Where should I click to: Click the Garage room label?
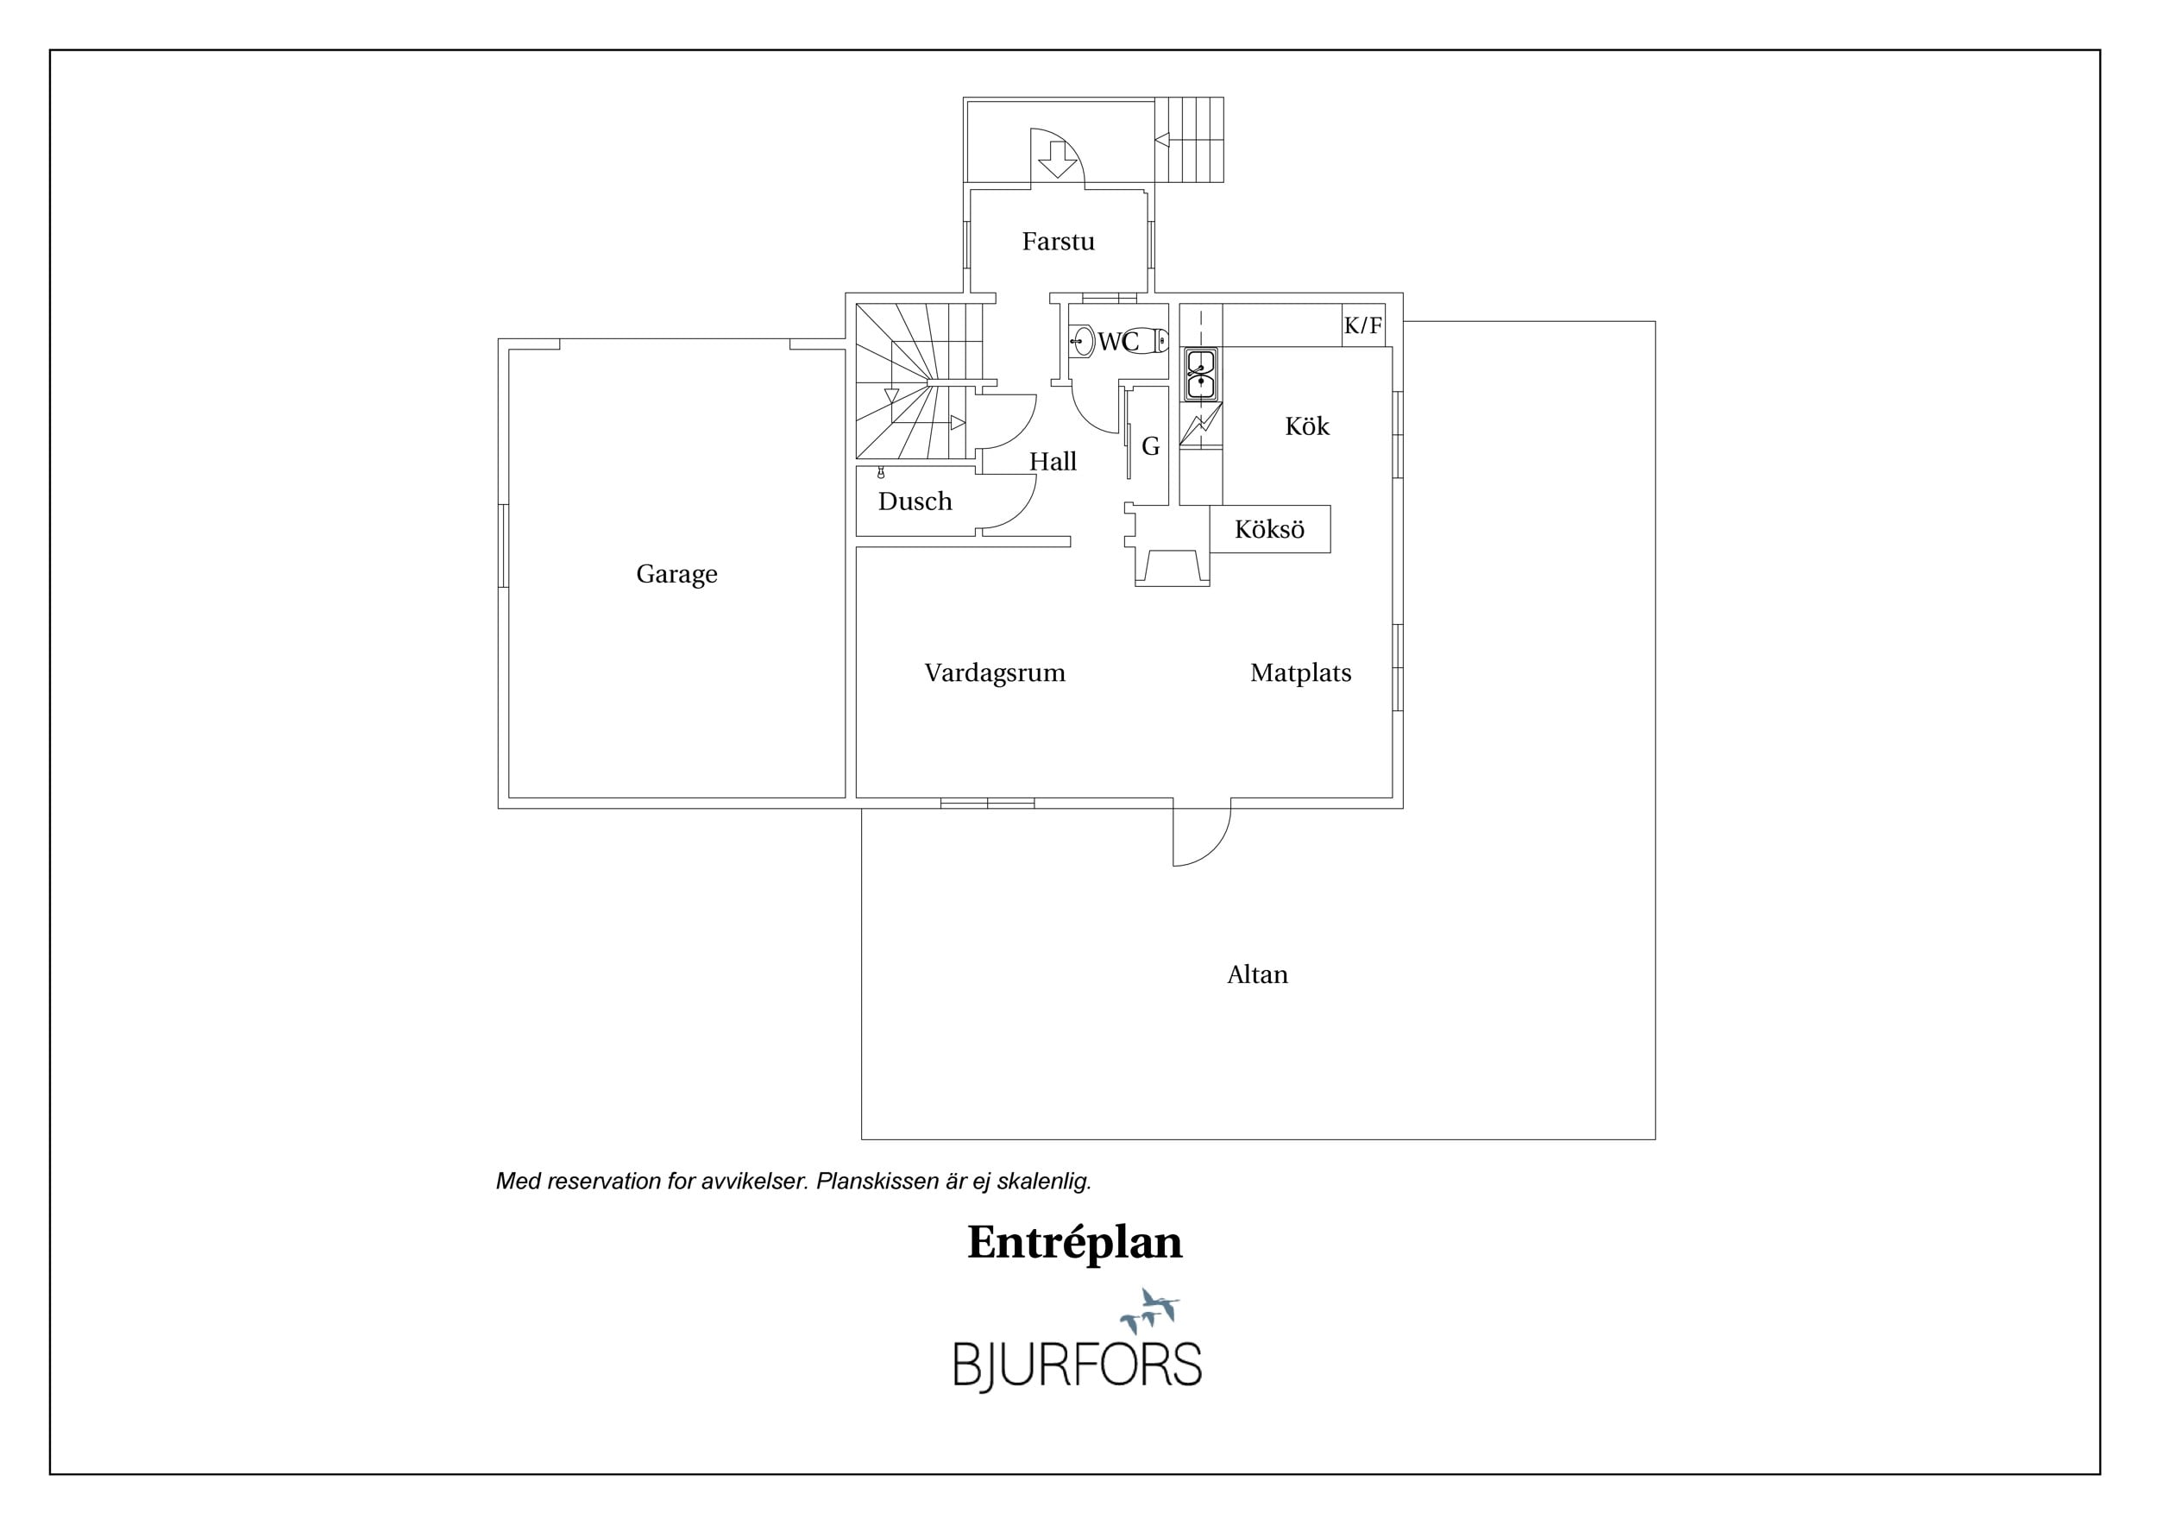[676, 574]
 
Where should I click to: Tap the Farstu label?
[1058, 242]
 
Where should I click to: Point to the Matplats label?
[1300, 672]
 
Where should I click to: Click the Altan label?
[1257, 974]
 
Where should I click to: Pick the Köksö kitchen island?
[1269, 529]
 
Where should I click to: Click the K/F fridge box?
[1363, 325]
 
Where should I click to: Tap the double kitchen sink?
[1202, 375]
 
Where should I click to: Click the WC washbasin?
[1082, 341]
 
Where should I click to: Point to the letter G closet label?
[1151, 447]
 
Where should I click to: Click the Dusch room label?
[915, 501]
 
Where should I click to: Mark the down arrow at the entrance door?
[1058, 160]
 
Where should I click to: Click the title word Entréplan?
[1075, 1243]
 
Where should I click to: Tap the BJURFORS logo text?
[1078, 1365]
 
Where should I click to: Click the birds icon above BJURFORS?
[1148, 1310]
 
